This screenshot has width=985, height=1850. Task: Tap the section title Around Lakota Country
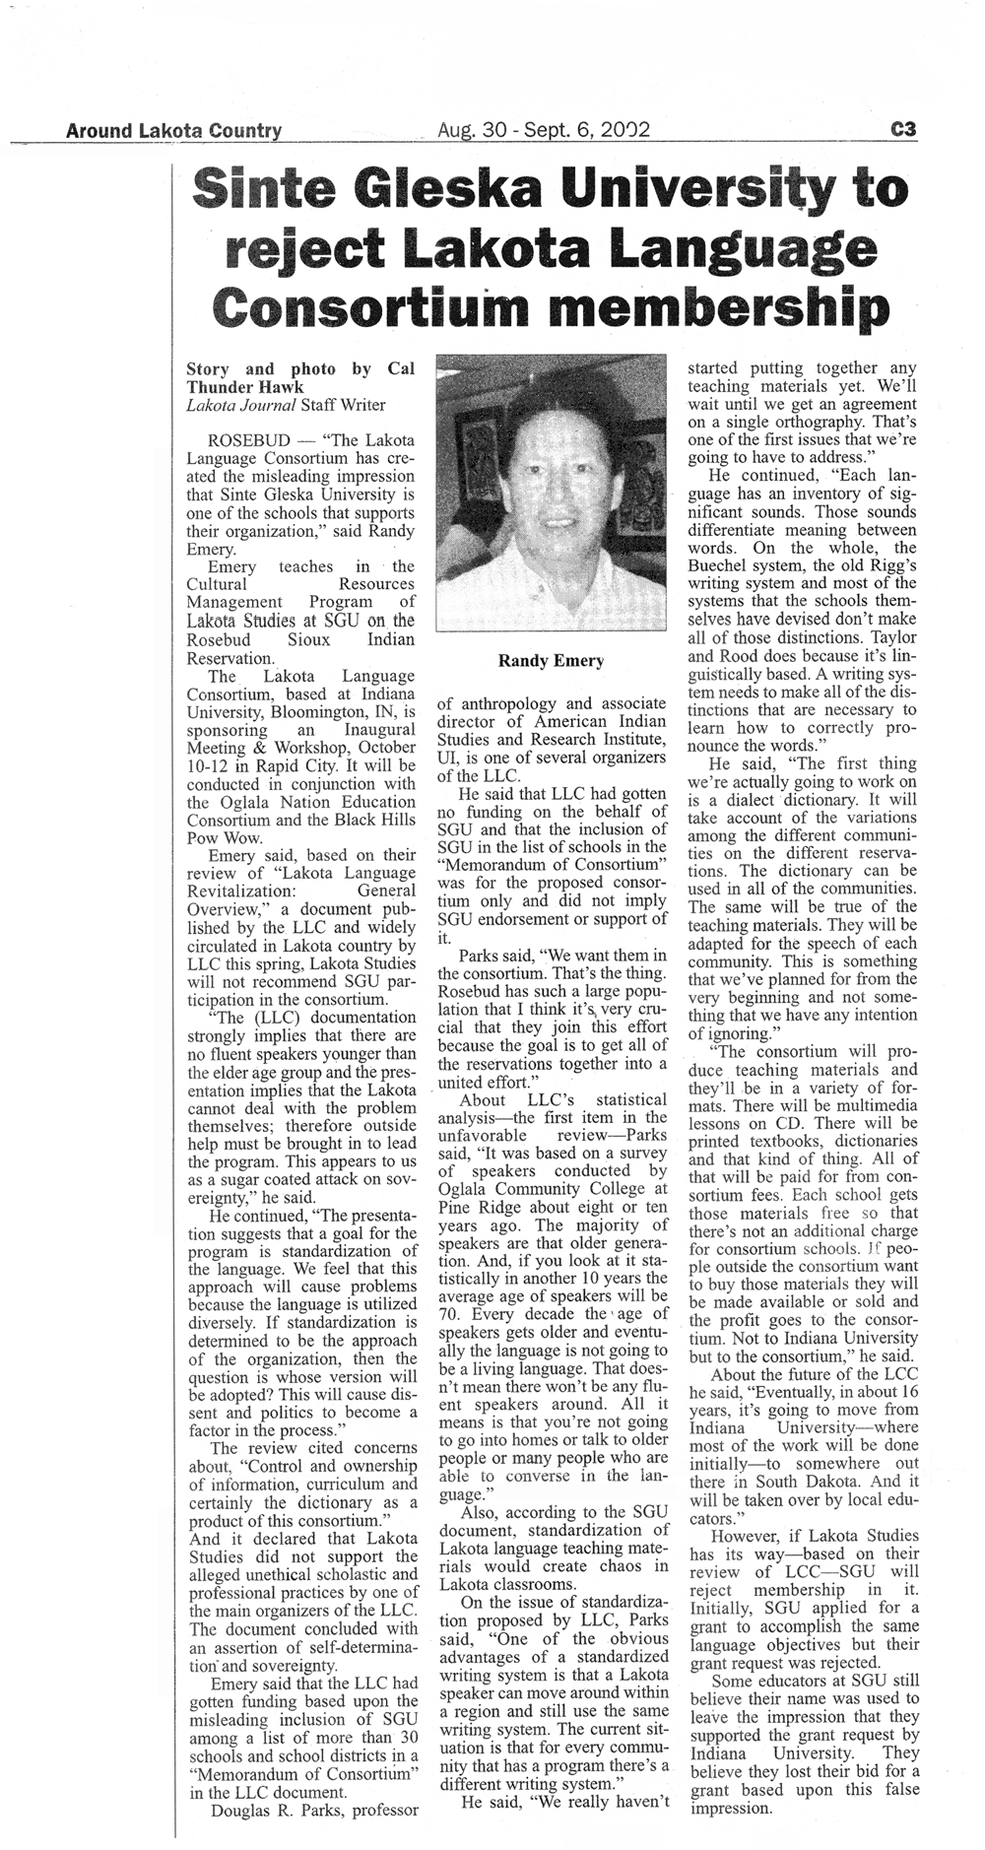pos(173,130)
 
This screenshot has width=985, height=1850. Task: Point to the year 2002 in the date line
pos(623,130)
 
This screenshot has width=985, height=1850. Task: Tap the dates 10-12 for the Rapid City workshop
pos(207,765)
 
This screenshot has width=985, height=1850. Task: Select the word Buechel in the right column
pos(721,565)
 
